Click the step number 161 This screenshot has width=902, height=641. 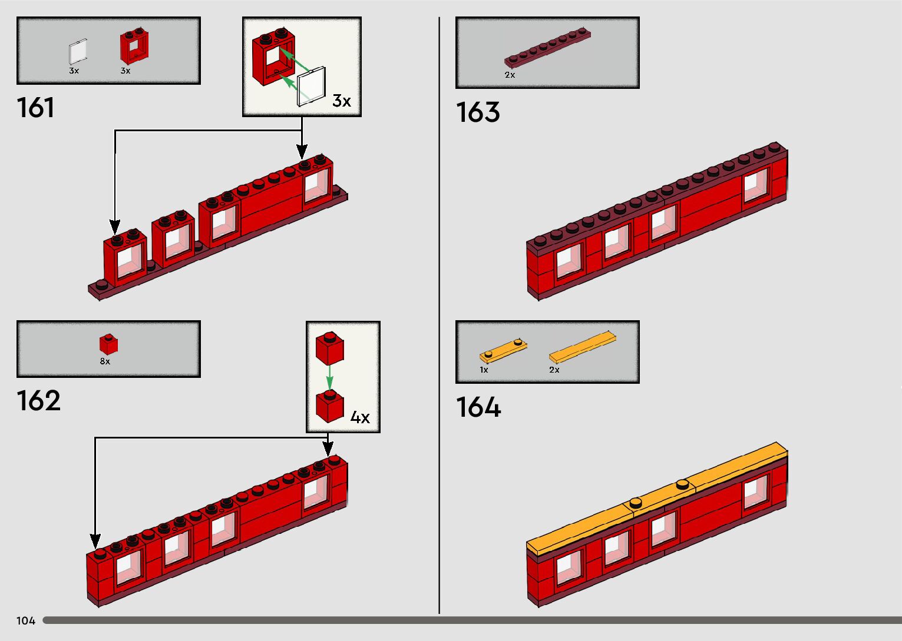click(35, 108)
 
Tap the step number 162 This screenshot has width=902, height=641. click(38, 401)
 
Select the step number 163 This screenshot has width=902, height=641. click(478, 112)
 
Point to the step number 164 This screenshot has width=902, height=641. click(478, 407)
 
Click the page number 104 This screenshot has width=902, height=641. click(26, 621)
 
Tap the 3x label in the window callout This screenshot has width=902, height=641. click(341, 101)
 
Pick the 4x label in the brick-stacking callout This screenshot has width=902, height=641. click(359, 418)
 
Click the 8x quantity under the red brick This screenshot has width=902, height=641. click(105, 361)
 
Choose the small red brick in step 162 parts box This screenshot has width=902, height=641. click(108, 344)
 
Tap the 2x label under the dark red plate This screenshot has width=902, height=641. click(510, 75)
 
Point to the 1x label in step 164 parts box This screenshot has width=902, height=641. click(484, 370)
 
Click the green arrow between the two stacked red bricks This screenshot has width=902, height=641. click(329, 376)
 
